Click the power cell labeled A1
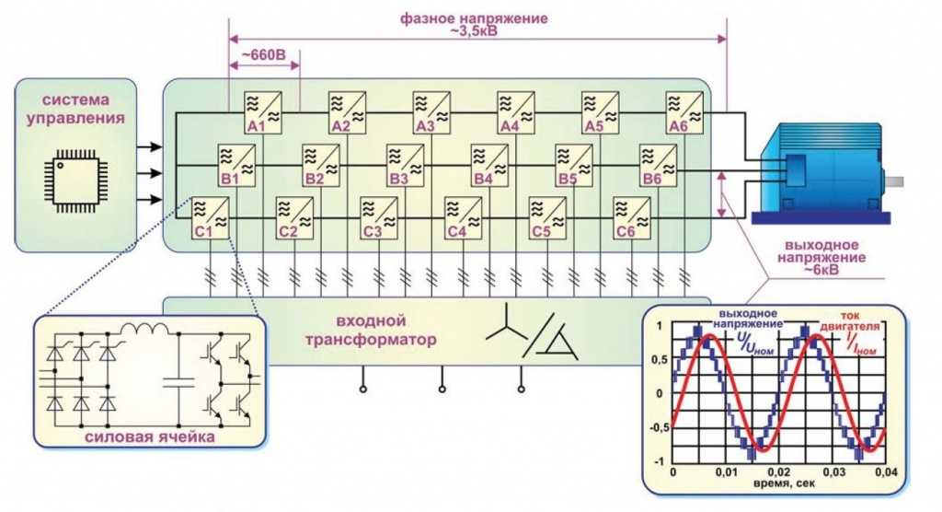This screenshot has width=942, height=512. [262, 112]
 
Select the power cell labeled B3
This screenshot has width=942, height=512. [405, 165]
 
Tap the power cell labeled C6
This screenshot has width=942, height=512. [631, 218]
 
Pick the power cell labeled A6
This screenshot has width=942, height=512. [684, 112]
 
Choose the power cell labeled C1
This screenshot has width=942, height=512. [210, 218]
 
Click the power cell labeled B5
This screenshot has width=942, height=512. [574, 165]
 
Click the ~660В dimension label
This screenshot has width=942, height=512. [263, 54]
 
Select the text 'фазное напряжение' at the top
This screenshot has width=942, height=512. [474, 18]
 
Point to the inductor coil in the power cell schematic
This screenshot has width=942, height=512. [144, 330]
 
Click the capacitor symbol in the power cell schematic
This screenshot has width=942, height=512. [178, 381]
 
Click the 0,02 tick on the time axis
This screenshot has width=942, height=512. [779, 472]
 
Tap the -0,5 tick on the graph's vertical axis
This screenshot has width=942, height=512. [659, 428]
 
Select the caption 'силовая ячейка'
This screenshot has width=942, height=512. [150, 436]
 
